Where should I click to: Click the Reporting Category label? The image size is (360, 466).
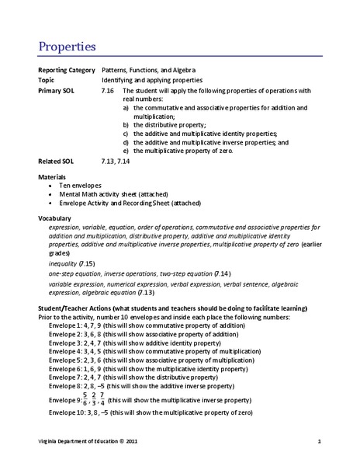click(x=67, y=70)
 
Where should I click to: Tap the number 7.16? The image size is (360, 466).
click(x=107, y=90)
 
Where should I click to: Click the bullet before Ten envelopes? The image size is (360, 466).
click(x=51, y=187)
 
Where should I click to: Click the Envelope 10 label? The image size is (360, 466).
click(x=68, y=413)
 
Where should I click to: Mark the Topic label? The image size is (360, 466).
click(x=48, y=80)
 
